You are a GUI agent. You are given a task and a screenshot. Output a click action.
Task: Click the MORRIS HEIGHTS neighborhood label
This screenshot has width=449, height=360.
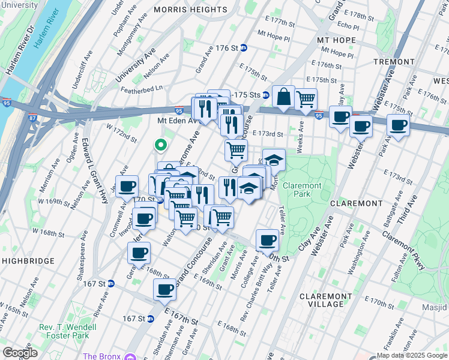[x=190, y=10]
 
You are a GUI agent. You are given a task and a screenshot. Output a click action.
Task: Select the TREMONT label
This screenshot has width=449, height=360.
[x=394, y=62]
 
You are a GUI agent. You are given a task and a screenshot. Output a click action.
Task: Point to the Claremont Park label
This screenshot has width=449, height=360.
[x=303, y=190]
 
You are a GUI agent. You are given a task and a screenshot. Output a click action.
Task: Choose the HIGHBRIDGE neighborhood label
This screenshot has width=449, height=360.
[x=28, y=261]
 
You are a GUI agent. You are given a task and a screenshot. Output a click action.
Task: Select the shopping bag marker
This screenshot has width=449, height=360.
[x=283, y=96]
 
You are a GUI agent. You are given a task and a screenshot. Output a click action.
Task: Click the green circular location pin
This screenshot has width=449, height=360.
[x=160, y=145]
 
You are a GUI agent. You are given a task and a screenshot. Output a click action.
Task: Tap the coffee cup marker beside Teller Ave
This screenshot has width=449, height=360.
[x=267, y=241]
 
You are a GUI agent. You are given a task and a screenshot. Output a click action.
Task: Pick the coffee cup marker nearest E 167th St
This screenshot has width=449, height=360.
[x=164, y=290]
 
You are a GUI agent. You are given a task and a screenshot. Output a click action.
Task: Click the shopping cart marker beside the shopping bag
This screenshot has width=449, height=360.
[x=306, y=99]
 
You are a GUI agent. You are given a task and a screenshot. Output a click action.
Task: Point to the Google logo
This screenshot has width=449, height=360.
[x=20, y=353]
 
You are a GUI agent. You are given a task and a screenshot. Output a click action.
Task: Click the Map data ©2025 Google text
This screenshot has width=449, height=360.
[x=412, y=355]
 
